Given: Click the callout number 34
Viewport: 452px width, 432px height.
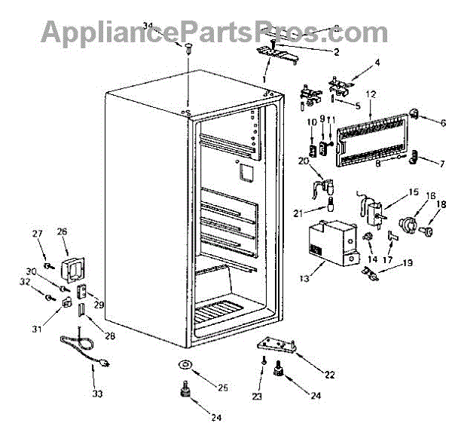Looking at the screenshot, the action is (148, 26).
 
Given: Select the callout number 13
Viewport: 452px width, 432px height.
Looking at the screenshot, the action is (304, 279).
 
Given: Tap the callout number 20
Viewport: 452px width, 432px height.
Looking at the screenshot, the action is (304, 161).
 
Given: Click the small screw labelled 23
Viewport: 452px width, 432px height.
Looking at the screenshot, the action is (261, 362).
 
